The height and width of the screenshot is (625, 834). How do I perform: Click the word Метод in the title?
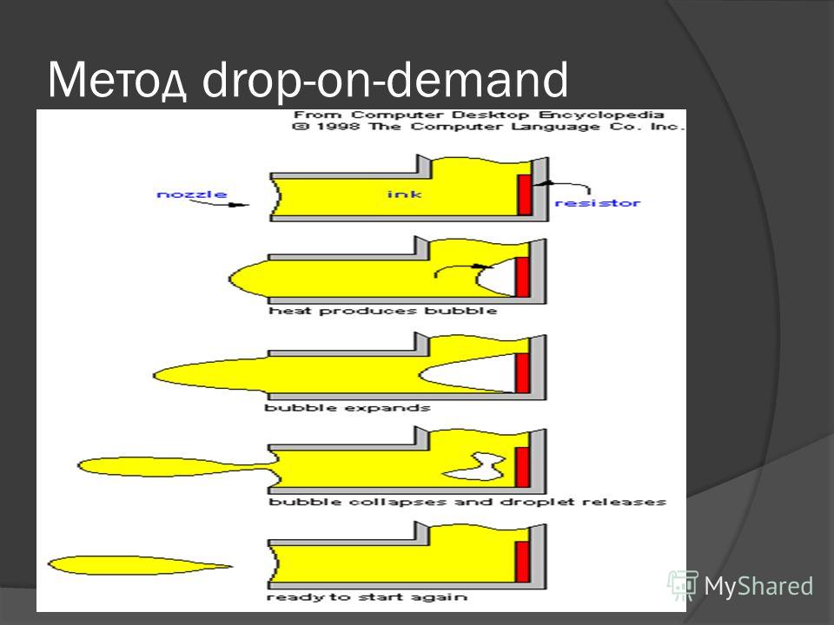click(117, 80)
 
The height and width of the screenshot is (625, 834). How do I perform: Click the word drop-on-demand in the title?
click(386, 80)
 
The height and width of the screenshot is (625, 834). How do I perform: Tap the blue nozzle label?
click(192, 194)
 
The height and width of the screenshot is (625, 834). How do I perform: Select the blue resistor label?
click(598, 202)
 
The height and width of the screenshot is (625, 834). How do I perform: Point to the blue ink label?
click(404, 194)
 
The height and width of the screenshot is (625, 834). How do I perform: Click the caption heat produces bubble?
click(383, 311)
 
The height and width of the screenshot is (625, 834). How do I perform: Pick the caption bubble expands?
click(347, 408)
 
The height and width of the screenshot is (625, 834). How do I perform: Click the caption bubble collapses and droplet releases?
click(467, 502)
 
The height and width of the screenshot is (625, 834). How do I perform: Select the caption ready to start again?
click(367, 597)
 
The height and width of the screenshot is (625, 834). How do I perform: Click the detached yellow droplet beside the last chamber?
click(139, 565)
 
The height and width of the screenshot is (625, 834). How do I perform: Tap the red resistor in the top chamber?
click(525, 194)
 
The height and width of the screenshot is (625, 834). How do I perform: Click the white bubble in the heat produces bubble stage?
click(497, 276)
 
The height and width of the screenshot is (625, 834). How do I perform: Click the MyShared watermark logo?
click(740, 586)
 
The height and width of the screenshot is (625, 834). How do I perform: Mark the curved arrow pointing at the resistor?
click(565, 184)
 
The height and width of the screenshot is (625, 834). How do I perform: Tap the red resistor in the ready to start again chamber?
click(522, 562)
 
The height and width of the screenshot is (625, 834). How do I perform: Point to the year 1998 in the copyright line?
click(339, 127)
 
